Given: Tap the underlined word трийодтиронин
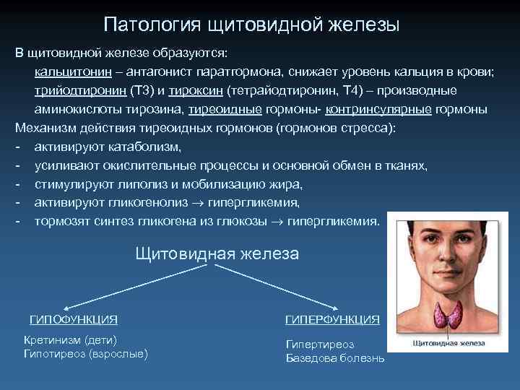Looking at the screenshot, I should pyautogui.click(x=79, y=91).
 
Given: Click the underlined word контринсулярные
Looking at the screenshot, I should pyautogui.click(x=378, y=110).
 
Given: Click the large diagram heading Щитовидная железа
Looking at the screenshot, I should pyautogui.click(x=217, y=253).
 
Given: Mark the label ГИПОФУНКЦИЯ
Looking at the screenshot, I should pyautogui.click(x=73, y=319).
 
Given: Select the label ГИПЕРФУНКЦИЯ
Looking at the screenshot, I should pyautogui.click(x=332, y=319).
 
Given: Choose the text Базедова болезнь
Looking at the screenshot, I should pyautogui.click(x=335, y=358).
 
